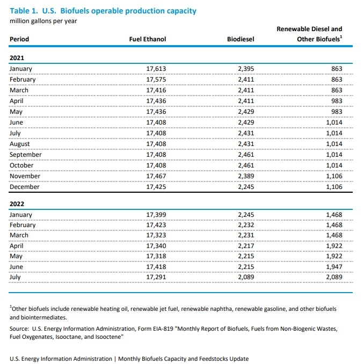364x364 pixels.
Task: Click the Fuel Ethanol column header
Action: pyautogui.click(x=148, y=39)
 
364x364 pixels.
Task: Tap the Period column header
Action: pyautogui.click(x=19, y=39)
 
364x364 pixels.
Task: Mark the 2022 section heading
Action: pyautogui.click(x=17, y=204)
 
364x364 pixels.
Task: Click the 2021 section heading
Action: pyautogui.click(x=17, y=57)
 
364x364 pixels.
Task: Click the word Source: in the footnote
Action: pyautogui.click(x=19, y=328)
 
